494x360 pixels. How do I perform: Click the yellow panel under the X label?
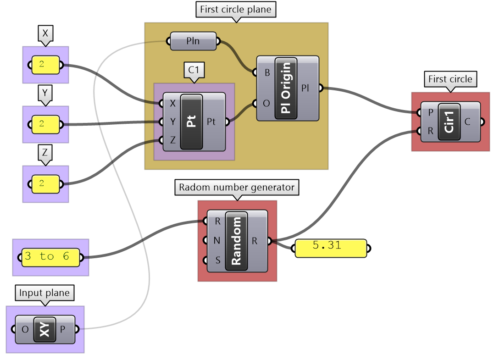(45, 65)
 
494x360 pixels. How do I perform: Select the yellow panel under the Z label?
(45, 184)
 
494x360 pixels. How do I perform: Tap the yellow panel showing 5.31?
(330, 248)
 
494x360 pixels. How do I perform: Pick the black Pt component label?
(192, 122)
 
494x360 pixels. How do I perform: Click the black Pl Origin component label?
(286, 89)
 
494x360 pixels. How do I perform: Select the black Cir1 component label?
(449, 122)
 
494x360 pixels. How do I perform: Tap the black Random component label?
(236, 241)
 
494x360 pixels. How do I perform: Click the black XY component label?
(44, 329)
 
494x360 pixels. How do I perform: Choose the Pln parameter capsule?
(193, 42)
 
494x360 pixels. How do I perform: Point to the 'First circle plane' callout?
(236, 10)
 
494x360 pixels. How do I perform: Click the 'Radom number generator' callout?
(237, 187)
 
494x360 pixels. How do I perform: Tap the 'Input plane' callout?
(44, 293)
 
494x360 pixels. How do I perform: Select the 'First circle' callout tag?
(450, 79)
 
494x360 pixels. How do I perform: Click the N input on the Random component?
(217, 241)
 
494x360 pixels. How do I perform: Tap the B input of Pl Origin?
(266, 72)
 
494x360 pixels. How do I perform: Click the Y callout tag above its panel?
(45, 93)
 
